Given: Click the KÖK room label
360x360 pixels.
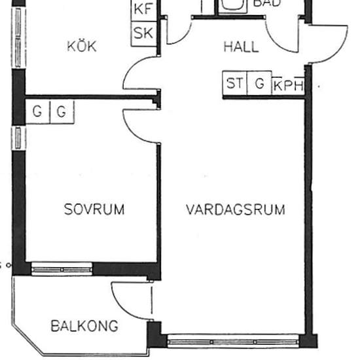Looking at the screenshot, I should [82, 46].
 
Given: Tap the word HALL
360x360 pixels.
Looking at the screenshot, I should [241, 47].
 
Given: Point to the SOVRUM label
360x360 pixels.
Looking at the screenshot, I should [94, 209].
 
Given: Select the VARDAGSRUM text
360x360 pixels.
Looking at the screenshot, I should [235, 210].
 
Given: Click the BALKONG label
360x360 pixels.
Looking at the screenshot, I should [84, 326].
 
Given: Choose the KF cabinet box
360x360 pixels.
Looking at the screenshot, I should [143, 10].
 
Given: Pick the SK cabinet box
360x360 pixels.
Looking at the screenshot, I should [143, 33].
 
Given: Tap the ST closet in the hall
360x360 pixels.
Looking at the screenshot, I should [234, 84].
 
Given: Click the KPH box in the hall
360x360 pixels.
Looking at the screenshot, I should [288, 85].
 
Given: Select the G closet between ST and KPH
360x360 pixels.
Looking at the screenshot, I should [259, 84].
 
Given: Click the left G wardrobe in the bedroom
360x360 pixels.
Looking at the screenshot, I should [37, 112].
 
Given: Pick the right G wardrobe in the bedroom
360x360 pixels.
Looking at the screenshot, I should [62, 112].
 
